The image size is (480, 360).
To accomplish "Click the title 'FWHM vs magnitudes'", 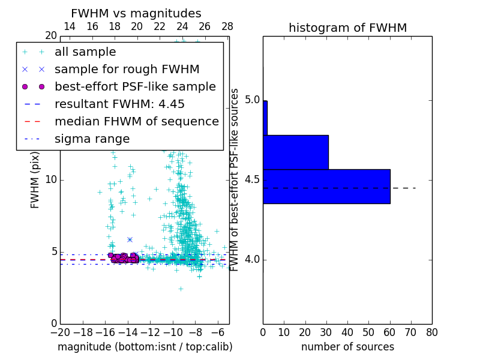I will (x=136, y=14).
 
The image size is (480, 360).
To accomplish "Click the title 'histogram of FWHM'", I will (x=347, y=28).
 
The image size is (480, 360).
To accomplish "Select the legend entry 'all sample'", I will (x=85, y=52).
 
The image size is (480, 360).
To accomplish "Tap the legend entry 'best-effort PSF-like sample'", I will (x=135, y=87).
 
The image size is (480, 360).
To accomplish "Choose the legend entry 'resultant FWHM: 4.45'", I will (x=119, y=104).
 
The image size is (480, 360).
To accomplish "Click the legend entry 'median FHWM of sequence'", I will (x=136, y=122).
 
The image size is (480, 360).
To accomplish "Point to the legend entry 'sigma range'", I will (x=92, y=139).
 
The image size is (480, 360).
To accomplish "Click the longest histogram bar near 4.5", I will (x=326, y=187).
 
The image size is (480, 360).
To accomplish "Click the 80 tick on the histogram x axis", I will (x=431, y=332).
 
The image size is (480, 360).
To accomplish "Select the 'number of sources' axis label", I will (x=347, y=347).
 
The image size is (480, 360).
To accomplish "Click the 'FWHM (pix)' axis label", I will (x=35, y=179).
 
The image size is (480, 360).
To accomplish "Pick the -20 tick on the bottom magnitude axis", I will (x=60, y=332).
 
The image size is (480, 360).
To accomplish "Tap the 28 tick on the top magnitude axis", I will (x=227, y=26).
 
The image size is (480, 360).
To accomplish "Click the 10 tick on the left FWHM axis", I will (x=51, y=180).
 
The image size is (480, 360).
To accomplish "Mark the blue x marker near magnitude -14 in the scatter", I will (x=130, y=239).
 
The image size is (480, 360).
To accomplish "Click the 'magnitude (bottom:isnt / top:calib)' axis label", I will (x=145, y=347).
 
